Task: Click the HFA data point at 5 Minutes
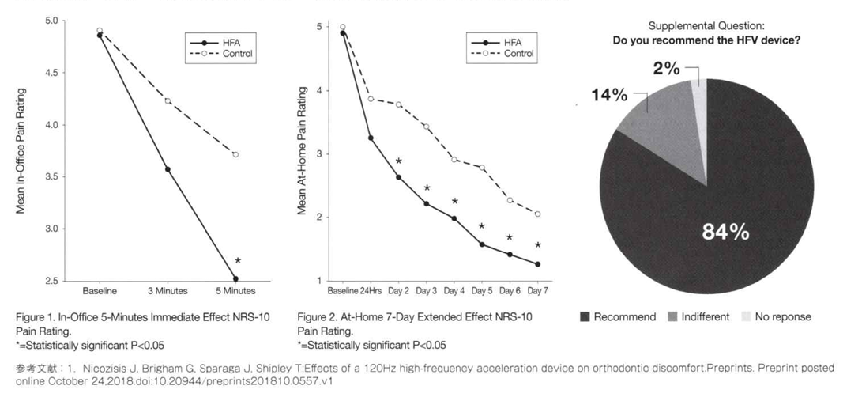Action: (235, 278)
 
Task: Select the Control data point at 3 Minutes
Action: (168, 100)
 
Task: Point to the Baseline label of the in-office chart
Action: (100, 291)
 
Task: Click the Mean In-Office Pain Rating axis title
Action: (21, 150)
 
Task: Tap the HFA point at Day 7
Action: (537, 264)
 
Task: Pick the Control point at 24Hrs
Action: (371, 99)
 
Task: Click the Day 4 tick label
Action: (454, 291)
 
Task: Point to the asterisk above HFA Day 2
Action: (399, 162)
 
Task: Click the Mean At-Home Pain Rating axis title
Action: (302, 150)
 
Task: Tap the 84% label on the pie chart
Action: (725, 232)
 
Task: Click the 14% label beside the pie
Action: (609, 96)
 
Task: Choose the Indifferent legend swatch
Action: (672, 317)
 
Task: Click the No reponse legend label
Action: (782, 317)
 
